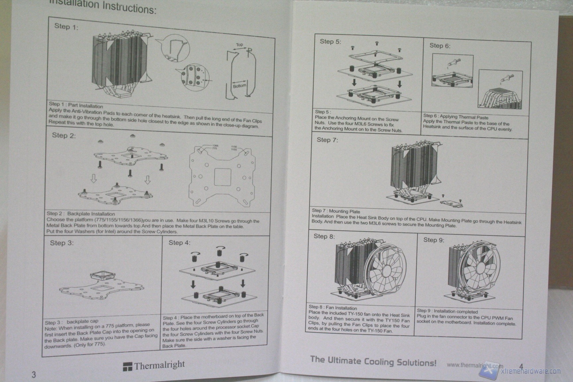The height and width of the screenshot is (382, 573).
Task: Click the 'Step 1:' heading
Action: point(66,27)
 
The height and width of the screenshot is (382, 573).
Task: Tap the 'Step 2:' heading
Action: point(64,135)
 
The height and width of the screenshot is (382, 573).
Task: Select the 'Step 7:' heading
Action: point(327,140)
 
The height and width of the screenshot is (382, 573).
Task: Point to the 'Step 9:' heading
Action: point(434,240)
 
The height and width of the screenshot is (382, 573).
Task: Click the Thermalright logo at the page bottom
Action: point(154,365)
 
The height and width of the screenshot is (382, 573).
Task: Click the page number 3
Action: point(33,375)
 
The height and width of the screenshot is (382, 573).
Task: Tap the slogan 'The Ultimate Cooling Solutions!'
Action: point(373,361)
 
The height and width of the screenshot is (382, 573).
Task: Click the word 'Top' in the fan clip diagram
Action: point(239,45)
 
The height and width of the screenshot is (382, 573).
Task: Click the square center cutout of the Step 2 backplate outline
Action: point(222,177)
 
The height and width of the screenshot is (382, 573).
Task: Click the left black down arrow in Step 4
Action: point(193,284)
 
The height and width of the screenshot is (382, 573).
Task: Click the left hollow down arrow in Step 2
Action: point(94,179)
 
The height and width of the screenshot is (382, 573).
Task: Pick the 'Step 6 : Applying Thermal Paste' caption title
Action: point(456,117)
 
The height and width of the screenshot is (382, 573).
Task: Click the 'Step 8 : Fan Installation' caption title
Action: point(333,308)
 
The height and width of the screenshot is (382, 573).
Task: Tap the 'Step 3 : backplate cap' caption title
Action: point(72,322)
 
